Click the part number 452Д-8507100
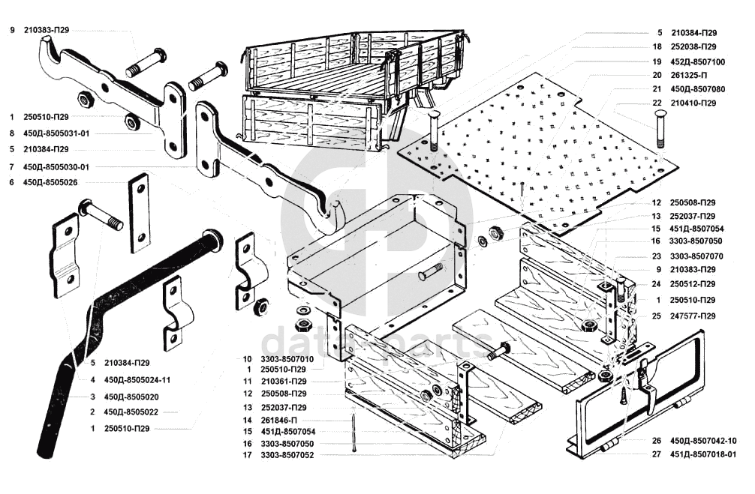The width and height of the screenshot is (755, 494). [698, 61]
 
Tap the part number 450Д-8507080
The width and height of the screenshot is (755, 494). [698, 89]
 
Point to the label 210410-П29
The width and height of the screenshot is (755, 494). [693, 103]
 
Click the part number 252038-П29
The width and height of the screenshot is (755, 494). [693, 47]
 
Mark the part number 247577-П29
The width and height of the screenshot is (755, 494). [693, 316]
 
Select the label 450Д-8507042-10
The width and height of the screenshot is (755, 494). [703, 440]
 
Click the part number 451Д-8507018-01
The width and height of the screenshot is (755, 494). [703, 454]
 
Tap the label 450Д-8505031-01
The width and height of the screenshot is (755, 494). [56, 133]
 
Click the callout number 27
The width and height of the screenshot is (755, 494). [657, 454]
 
